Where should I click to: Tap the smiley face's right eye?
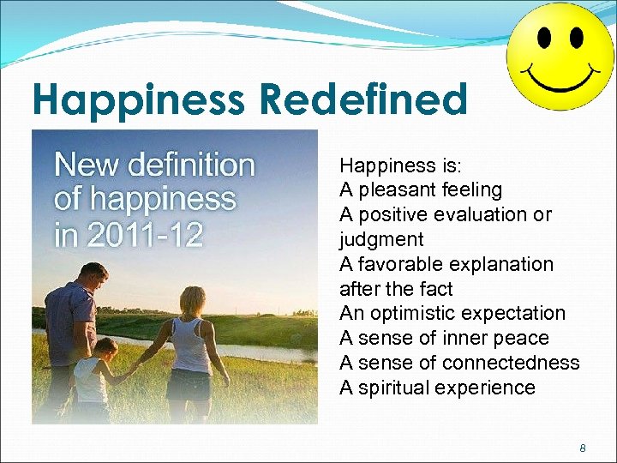[x=576, y=38]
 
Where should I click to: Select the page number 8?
[x=583, y=448]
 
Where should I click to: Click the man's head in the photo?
[x=93, y=276]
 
